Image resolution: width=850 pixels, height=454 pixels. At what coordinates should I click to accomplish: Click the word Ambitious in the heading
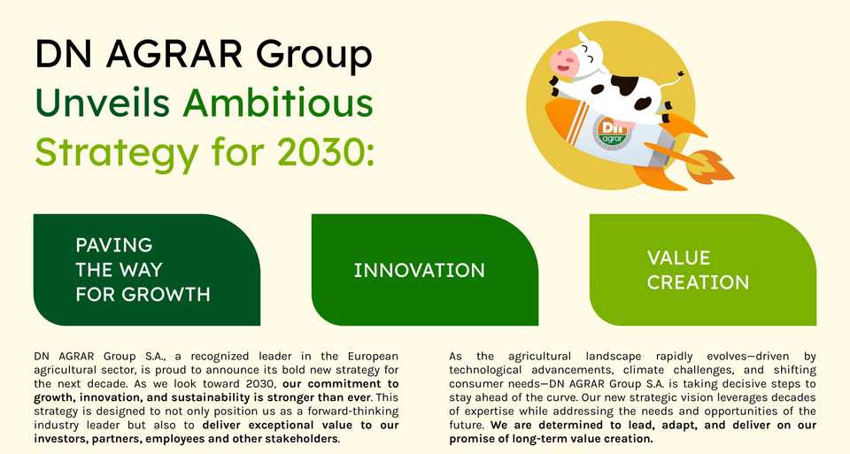[278, 102]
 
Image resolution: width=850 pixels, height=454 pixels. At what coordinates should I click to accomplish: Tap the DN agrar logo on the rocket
[613, 132]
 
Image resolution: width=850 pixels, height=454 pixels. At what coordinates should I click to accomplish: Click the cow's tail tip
[680, 73]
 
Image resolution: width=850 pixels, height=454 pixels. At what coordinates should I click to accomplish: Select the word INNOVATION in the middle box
[420, 270]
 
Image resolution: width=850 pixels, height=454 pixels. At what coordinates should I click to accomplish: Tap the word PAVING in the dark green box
[114, 245]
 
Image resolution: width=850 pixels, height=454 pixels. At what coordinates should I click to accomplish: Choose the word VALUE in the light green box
[679, 258]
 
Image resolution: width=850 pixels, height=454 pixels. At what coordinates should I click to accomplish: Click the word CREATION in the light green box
[699, 282]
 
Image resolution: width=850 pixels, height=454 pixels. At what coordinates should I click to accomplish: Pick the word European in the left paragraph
[373, 357]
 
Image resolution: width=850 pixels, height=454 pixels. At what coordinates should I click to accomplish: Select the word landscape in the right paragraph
[613, 357]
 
